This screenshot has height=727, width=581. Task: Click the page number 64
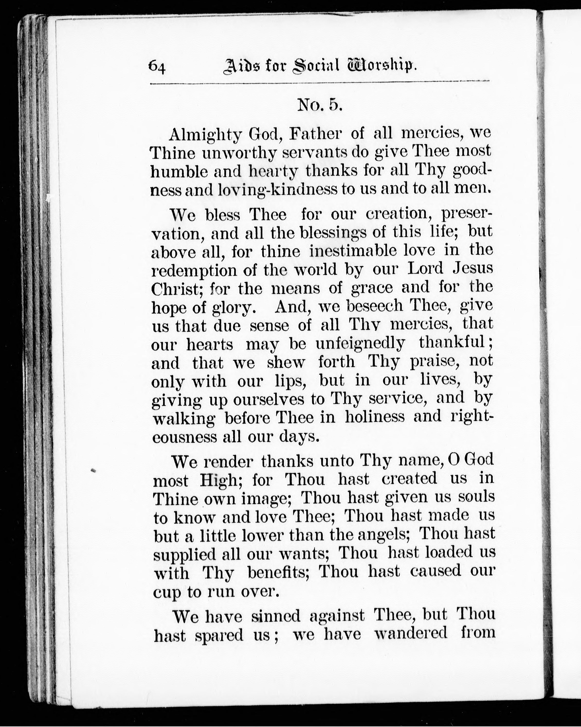(x=157, y=66)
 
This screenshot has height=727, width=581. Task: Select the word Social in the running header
(x=315, y=65)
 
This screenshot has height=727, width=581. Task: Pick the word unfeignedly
(x=360, y=344)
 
